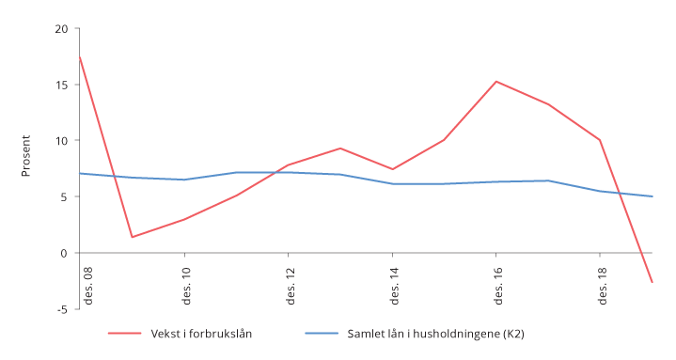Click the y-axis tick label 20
tap(62, 28)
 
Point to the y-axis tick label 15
tap(62, 85)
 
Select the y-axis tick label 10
tap(62, 141)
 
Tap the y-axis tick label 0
tap(65, 253)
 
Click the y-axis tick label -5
tap(62, 309)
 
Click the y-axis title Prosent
tap(26, 155)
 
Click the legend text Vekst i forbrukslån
tap(200, 334)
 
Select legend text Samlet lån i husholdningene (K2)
tap(435, 334)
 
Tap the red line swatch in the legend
tap(124, 334)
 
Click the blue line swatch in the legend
tap(322, 334)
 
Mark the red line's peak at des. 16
tap(495, 81)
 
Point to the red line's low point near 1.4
tap(132, 237)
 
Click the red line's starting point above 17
tap(80, 55)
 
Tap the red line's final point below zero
tap(652, 282)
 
